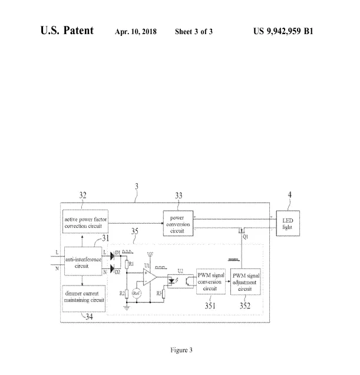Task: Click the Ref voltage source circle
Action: (137, 292)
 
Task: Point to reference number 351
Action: (210, 305)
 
